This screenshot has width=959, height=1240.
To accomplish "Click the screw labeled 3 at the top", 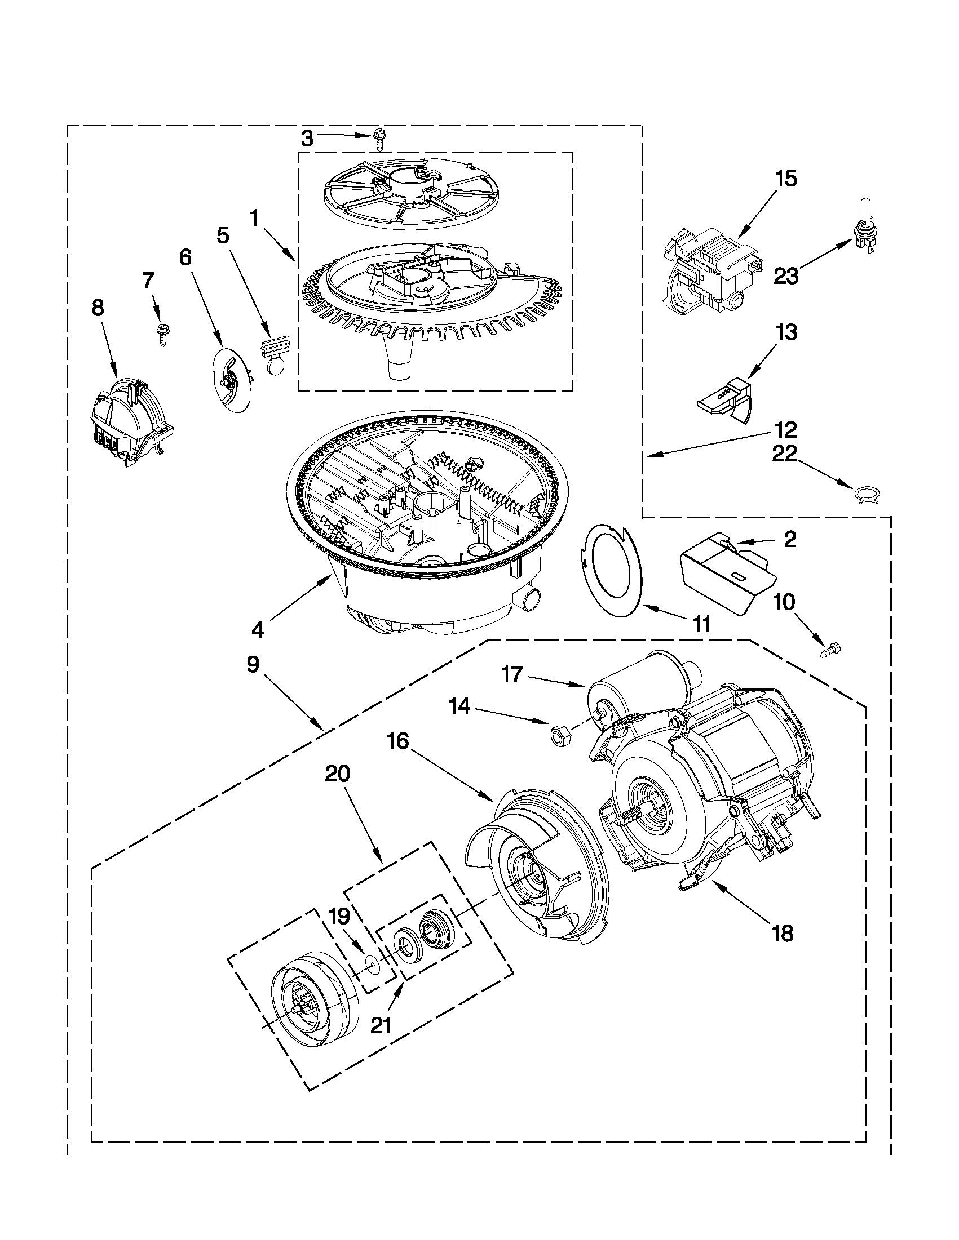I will click(x=379, y=140).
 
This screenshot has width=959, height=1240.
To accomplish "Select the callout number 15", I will click(x=786, y=179).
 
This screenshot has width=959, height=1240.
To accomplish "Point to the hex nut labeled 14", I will click(x=556, y=735).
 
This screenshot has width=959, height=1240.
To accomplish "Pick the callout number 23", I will click(x=786, y=276).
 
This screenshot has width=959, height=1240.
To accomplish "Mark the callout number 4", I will click(x=257, y=629).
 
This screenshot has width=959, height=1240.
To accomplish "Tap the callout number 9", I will click(x=253, y=665).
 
